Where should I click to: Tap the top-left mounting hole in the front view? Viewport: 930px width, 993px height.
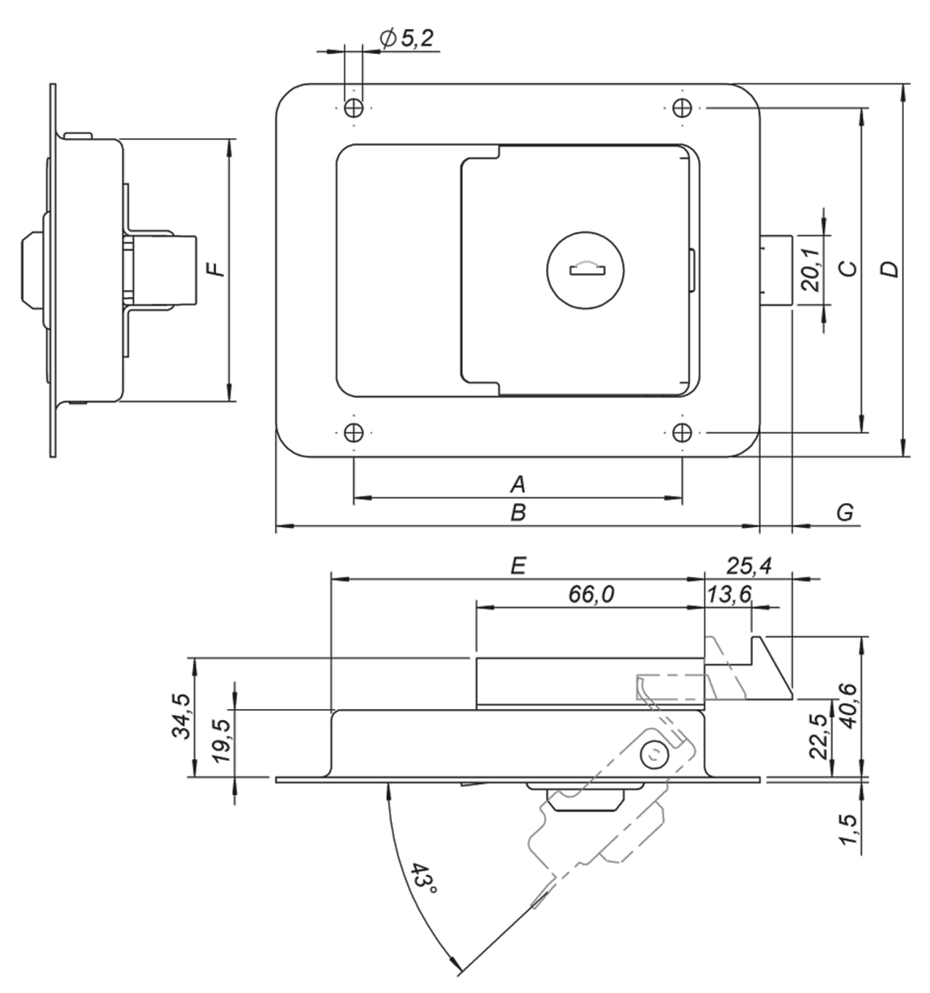[x=354, y=108]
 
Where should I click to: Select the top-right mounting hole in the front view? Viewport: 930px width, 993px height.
[x=682, y=108]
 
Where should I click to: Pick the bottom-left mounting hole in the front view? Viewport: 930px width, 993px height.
[x=354, y=432]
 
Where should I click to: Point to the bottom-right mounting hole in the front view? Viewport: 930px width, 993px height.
[x=682, y=432]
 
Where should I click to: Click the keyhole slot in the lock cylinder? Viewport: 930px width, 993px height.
[x=587, y=270]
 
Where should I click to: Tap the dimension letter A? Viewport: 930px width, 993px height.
[x=518, y=484]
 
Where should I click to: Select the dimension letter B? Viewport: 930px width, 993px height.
[x=518, y=512]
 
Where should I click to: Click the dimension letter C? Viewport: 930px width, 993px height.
[x=848, y=269]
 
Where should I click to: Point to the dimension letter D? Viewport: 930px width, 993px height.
[x=890, y=269]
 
